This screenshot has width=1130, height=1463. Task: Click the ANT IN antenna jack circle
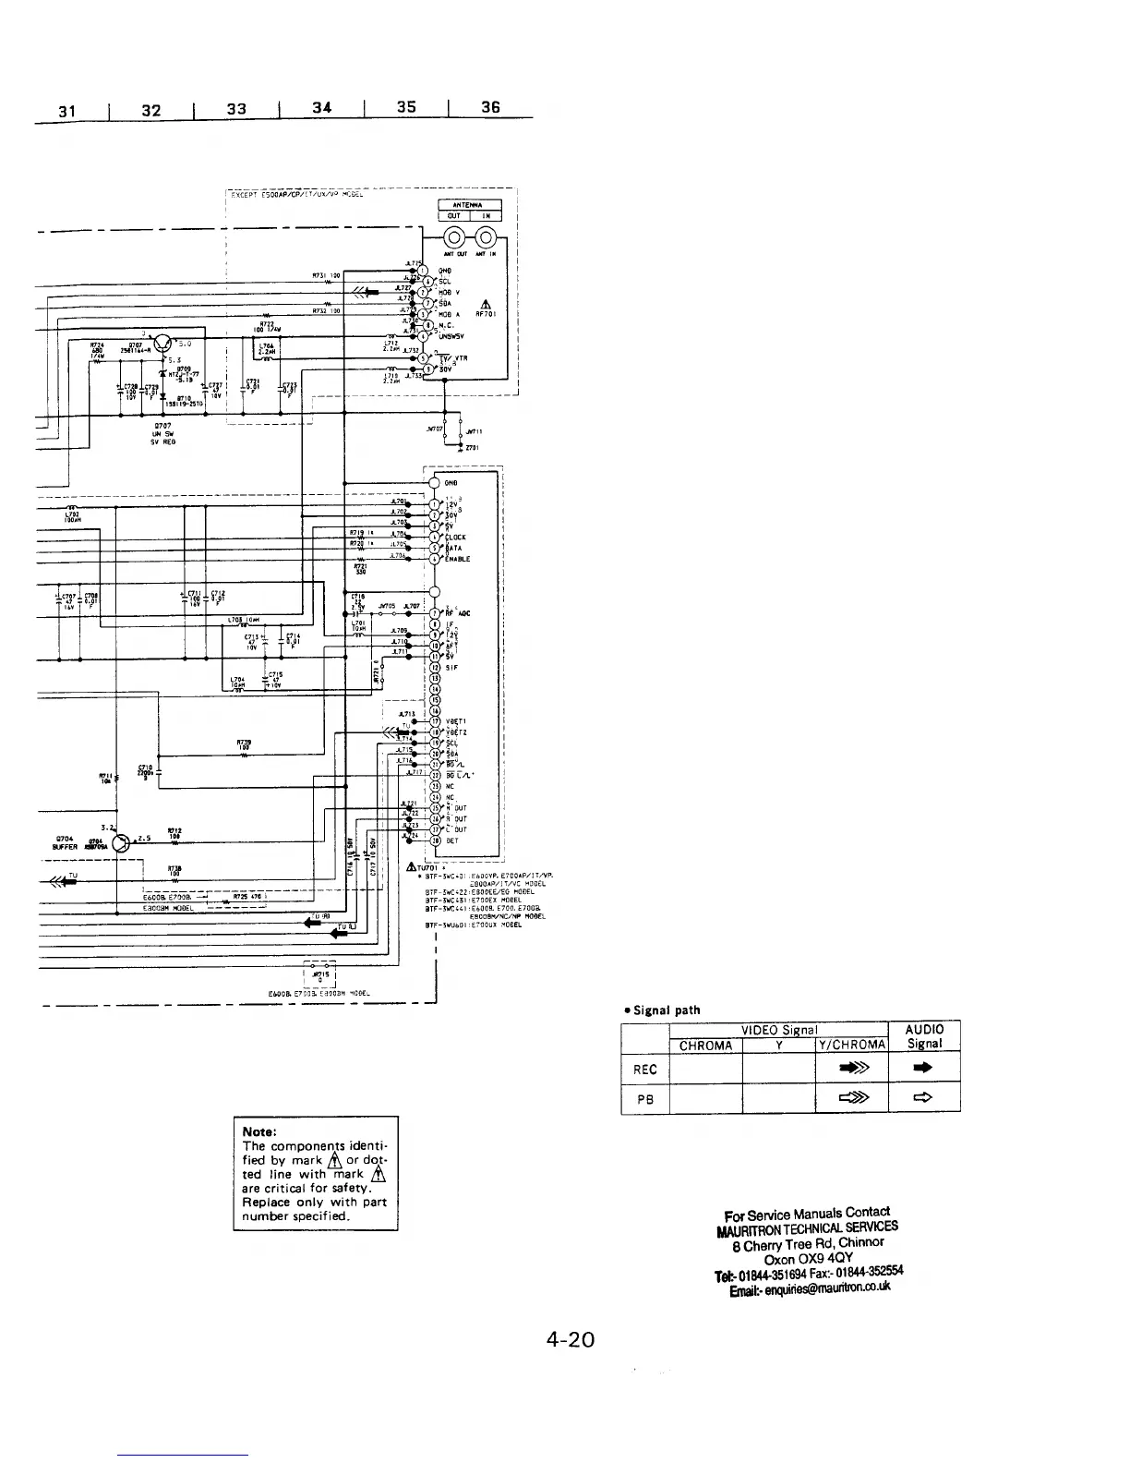(485, 236)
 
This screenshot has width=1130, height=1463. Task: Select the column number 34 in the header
(320, 108)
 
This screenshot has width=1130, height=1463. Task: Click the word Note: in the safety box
(259, 1131)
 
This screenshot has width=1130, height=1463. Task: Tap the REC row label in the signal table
(644, 1070)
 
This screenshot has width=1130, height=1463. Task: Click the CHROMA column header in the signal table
(705, 1046)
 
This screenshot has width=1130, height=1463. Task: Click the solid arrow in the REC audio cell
(923, 1069)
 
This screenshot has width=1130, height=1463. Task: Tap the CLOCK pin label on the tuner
(456, 537)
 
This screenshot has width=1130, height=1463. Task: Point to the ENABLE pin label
(458, 559)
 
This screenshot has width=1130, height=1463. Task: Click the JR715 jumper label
(321, 973)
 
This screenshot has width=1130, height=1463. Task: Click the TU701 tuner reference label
(427, 867)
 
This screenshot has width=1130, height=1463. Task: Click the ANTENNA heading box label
(469, 205)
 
